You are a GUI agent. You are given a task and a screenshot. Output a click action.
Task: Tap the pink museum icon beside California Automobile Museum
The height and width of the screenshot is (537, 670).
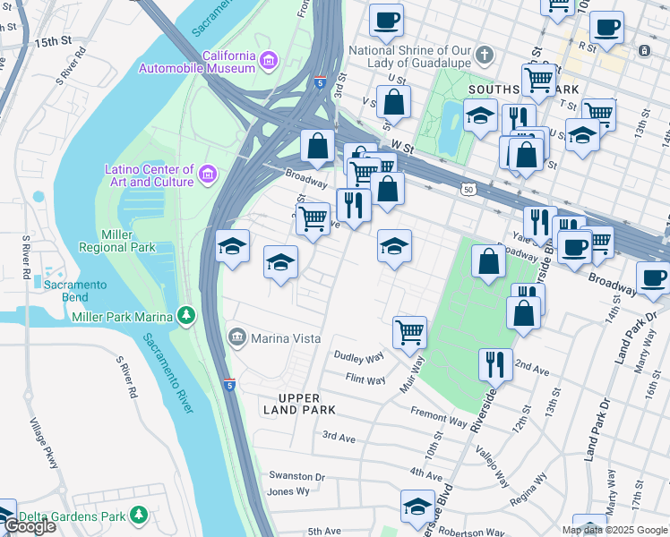[269, 61]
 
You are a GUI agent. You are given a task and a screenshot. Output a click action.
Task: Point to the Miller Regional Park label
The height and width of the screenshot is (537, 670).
[128, 241]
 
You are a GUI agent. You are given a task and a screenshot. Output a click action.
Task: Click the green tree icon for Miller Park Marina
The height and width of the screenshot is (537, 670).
[186, 314]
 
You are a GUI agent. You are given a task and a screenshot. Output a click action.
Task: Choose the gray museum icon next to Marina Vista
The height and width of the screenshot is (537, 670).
[237, 337]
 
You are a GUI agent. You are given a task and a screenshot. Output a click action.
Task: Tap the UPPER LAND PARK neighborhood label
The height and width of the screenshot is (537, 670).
[294, 404]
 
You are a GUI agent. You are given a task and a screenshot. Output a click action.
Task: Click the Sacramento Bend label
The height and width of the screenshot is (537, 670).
[76, 291]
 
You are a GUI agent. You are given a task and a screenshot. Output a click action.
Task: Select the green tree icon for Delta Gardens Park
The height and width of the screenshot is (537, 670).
[139, 516]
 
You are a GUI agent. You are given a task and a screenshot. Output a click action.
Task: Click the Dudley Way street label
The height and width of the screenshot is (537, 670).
[358, 358]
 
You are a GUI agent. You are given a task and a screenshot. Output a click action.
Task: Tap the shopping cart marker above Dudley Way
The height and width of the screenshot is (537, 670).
[409, 332]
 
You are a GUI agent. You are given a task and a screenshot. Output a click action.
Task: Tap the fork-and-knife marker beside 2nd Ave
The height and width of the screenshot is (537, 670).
[495, 363]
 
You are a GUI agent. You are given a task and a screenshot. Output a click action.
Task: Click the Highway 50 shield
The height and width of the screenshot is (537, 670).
[468, 190]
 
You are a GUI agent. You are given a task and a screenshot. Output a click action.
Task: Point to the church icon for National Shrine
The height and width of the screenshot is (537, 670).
[484, 55]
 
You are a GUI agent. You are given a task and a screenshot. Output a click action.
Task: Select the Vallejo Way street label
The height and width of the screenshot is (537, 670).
[494, 467]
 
